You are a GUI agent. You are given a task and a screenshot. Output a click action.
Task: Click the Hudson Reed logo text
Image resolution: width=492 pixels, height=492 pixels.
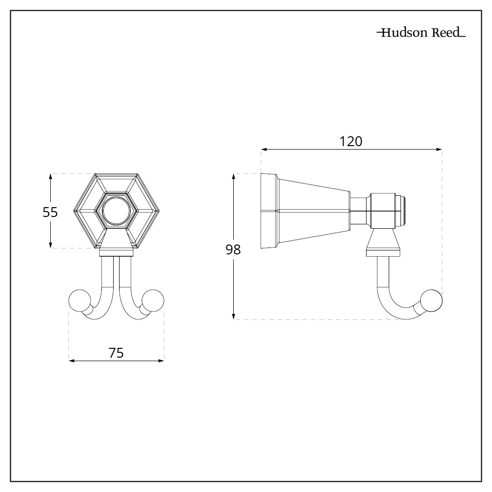pos(421,33)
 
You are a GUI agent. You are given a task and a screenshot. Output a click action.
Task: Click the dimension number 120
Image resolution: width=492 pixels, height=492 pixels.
pos(351,141)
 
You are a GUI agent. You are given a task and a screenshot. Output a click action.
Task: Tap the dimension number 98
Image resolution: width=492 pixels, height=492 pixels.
pos(233,250)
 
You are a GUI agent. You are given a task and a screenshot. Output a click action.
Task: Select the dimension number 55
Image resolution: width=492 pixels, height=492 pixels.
pos(50,213)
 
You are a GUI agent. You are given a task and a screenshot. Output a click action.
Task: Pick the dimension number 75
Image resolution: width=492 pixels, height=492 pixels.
pos(116,353)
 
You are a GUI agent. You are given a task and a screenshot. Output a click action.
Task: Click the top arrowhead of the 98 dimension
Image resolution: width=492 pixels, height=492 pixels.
pos(235,176)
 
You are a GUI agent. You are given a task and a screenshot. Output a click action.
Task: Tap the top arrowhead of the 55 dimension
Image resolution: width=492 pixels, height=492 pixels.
pos(50,176)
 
